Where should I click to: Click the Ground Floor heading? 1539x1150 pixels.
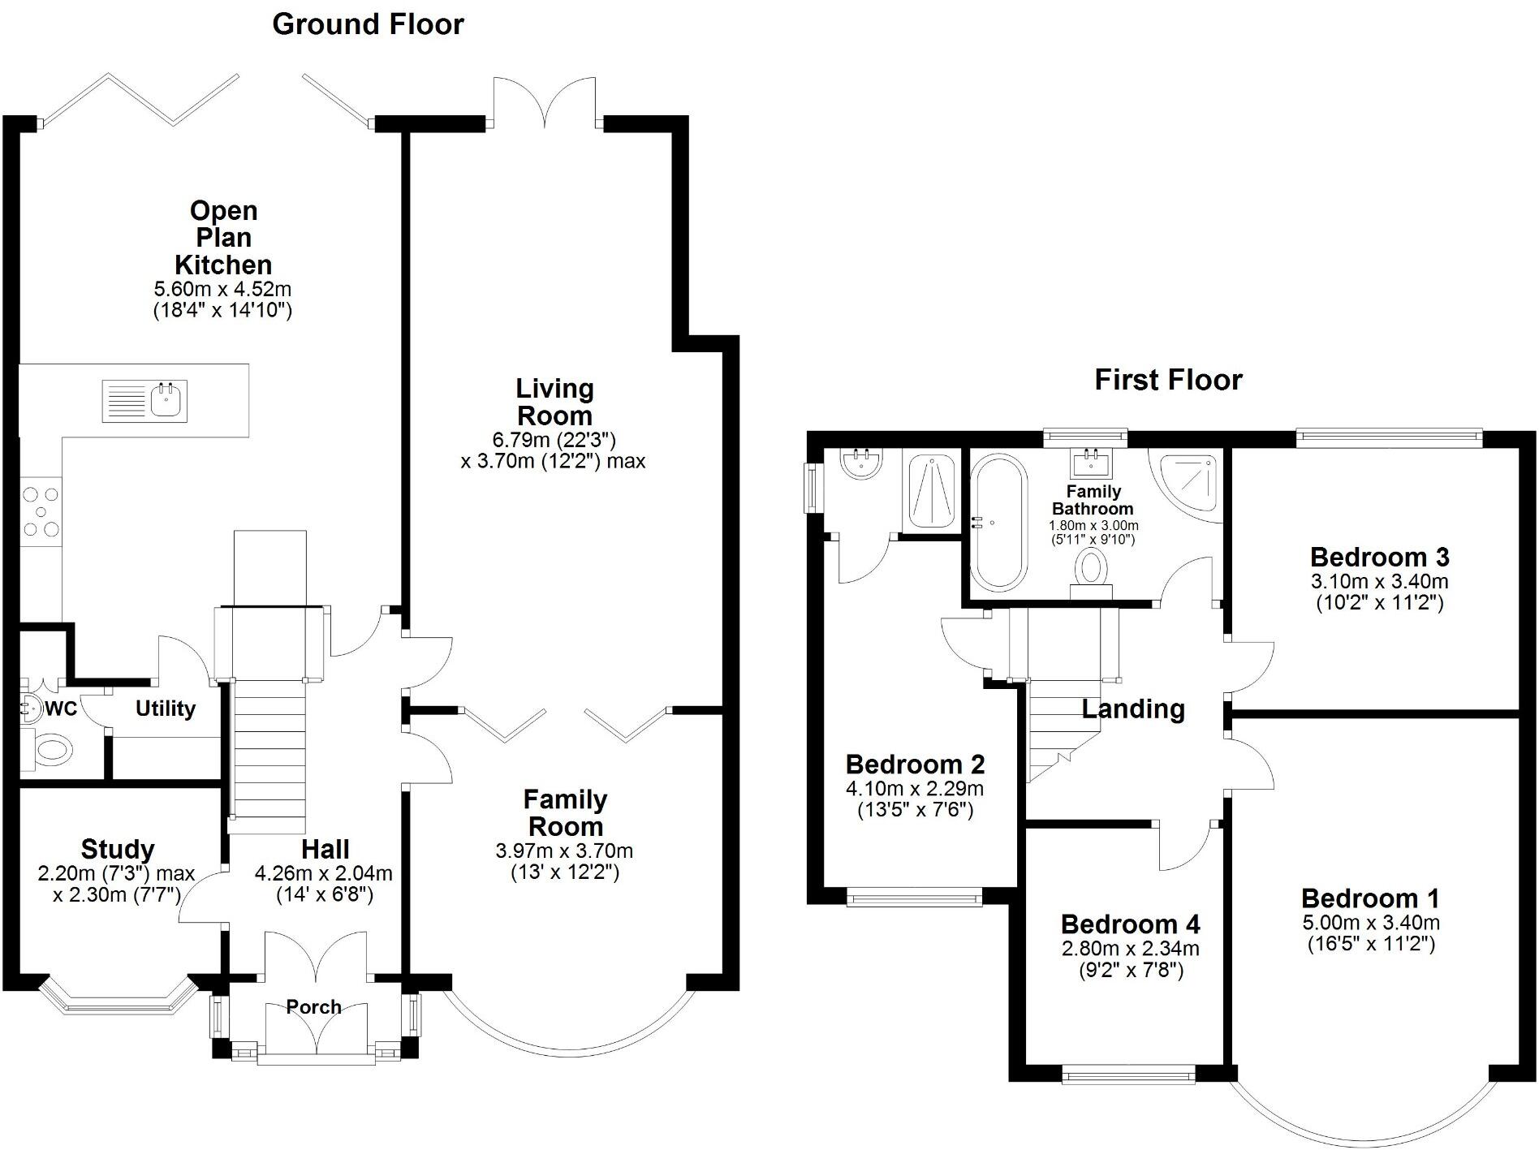click(368, 24)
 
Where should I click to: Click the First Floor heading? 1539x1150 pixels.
click(1167, 380)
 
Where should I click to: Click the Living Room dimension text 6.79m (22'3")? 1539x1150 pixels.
click(554, 441)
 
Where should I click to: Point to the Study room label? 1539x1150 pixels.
click(118, 849)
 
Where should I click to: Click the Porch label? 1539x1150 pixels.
click(313, 1007)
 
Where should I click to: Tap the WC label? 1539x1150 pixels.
click(60, 709)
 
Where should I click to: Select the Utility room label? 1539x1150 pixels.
click(166, 709)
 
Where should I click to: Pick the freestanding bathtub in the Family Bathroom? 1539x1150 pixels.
click(998, 523)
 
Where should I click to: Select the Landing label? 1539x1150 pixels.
click(1133, 709)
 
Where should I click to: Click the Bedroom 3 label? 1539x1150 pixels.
click(1379, 558)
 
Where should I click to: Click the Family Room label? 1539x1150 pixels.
click(565, 813)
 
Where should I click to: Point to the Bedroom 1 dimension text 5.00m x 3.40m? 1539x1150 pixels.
click(1370, 922)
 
